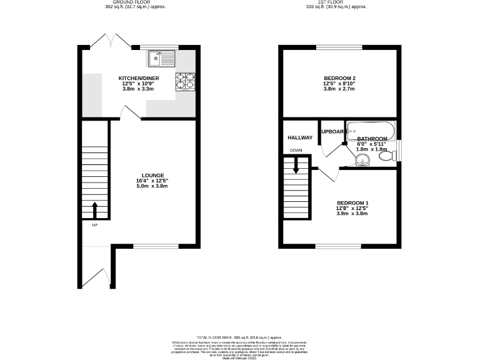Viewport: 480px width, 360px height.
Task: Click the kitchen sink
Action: (162, 59)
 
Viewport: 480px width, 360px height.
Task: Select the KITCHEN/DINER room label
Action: (139, 78)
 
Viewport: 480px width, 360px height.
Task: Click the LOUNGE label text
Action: (152, 175)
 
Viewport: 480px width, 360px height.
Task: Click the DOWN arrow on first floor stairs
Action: (296, 165)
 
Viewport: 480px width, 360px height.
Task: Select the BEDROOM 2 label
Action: (339, 78)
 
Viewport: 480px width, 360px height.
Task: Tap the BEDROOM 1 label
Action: (352, 202)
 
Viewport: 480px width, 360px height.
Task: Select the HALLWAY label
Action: (299, 137)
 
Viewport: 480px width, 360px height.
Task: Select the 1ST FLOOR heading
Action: (338, 2)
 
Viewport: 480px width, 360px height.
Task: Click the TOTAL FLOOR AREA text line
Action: (240, 337)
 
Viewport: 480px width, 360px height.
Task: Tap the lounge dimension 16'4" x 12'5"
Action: (152, 181)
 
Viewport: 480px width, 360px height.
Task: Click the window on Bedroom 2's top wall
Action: (339, 47)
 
